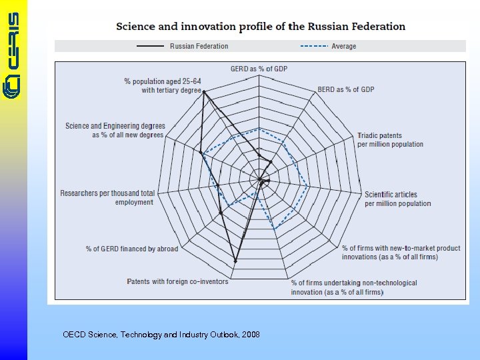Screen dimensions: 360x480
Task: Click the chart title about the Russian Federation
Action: [261, 27]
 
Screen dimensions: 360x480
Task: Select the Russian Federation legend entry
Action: [199, 46]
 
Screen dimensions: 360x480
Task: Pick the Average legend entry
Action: [343, 46]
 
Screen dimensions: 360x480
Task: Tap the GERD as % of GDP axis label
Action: [259, 69]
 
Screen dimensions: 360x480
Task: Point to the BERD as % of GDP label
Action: [345, 89]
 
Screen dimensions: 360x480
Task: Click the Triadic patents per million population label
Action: [390, 140]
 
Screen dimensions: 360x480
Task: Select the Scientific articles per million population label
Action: [397, 199]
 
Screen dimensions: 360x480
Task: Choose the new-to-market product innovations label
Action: [401, 252]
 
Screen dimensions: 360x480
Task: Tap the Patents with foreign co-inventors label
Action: [177, 281]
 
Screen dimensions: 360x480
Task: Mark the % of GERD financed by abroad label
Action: [132, 249]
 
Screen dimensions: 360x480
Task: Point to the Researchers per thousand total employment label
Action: [107, 197]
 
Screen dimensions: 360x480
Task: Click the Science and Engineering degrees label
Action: [115, 130]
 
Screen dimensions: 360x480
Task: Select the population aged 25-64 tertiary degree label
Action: [163, 85]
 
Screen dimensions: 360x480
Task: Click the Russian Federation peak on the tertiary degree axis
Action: [203, 92]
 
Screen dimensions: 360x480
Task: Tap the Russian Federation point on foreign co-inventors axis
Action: [235, 261]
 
